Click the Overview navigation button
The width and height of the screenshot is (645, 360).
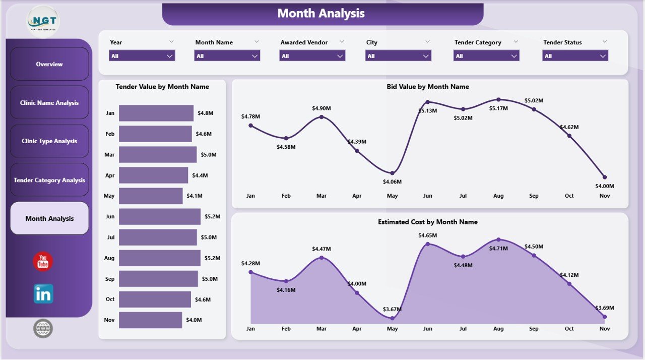coord(49,64)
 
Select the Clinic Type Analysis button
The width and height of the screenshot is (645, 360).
coord(49,141)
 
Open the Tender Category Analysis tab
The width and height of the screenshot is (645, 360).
coord(49,180)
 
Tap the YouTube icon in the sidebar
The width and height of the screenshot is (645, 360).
coord(43,262)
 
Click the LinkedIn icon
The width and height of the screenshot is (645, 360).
coord(43,293)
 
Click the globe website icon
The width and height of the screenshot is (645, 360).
coord(43,328)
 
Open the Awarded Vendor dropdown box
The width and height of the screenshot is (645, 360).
coord(312,56)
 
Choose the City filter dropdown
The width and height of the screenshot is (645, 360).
coord(398,56)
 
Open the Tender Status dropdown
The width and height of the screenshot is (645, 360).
coord(575,56)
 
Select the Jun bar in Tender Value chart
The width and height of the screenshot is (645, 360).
coord(159,216)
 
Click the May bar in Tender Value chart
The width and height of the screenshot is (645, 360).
coord(151,196)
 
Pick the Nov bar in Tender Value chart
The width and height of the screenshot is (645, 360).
coord(150,320)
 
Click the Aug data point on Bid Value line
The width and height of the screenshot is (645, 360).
coord(498,99)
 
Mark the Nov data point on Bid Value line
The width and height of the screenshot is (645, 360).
coord(605,177)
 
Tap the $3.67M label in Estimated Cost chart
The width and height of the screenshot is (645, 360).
coord(393,309)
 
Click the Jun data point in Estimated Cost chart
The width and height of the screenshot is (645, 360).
coord(428,244)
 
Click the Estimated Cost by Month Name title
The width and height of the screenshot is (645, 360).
coord(427,222)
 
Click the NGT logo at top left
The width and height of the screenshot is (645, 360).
coord(43,21)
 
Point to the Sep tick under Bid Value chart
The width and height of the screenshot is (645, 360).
coord(534,196)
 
